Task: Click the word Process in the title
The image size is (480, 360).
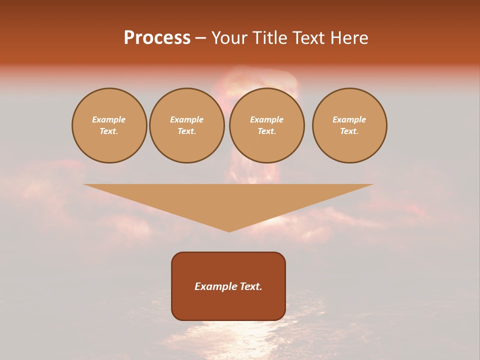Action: coord(157,38)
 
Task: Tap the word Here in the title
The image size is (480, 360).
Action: coord(349,38)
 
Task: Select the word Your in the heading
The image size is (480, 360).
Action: coord(230,38)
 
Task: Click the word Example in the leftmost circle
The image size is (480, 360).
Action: coord(108,119)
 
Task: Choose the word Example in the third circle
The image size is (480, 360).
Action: coord(266,119)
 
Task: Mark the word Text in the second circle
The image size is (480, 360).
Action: coord(186,131)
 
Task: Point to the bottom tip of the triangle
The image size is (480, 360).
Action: coord(229,230)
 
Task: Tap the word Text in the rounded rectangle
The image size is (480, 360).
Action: coord(250,286)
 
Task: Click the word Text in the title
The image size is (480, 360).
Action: coord(309,38)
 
